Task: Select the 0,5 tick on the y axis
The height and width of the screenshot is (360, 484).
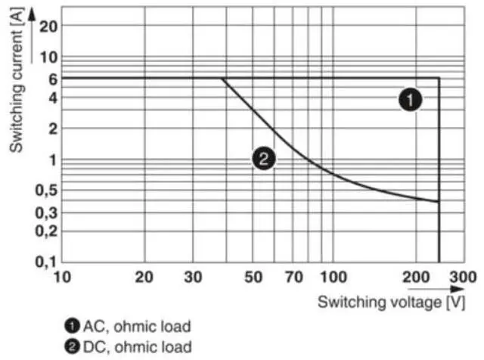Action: (x=47, y=191)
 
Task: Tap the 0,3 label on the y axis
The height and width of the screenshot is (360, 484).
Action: (x=47, y=213)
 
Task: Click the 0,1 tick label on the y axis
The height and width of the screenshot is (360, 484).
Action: (x=47, y=262)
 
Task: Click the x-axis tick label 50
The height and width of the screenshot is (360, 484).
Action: (x=253, y=278)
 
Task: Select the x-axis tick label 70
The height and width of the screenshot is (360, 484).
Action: (x=293, y=278)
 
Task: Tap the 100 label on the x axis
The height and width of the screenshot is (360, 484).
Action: (x=334, y=278)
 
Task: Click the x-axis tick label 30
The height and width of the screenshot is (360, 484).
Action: (x=193, y=278)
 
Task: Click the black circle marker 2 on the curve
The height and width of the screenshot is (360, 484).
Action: (x=264, y=159)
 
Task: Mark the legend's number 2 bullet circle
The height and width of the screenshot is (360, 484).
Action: (x=71, y=346)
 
